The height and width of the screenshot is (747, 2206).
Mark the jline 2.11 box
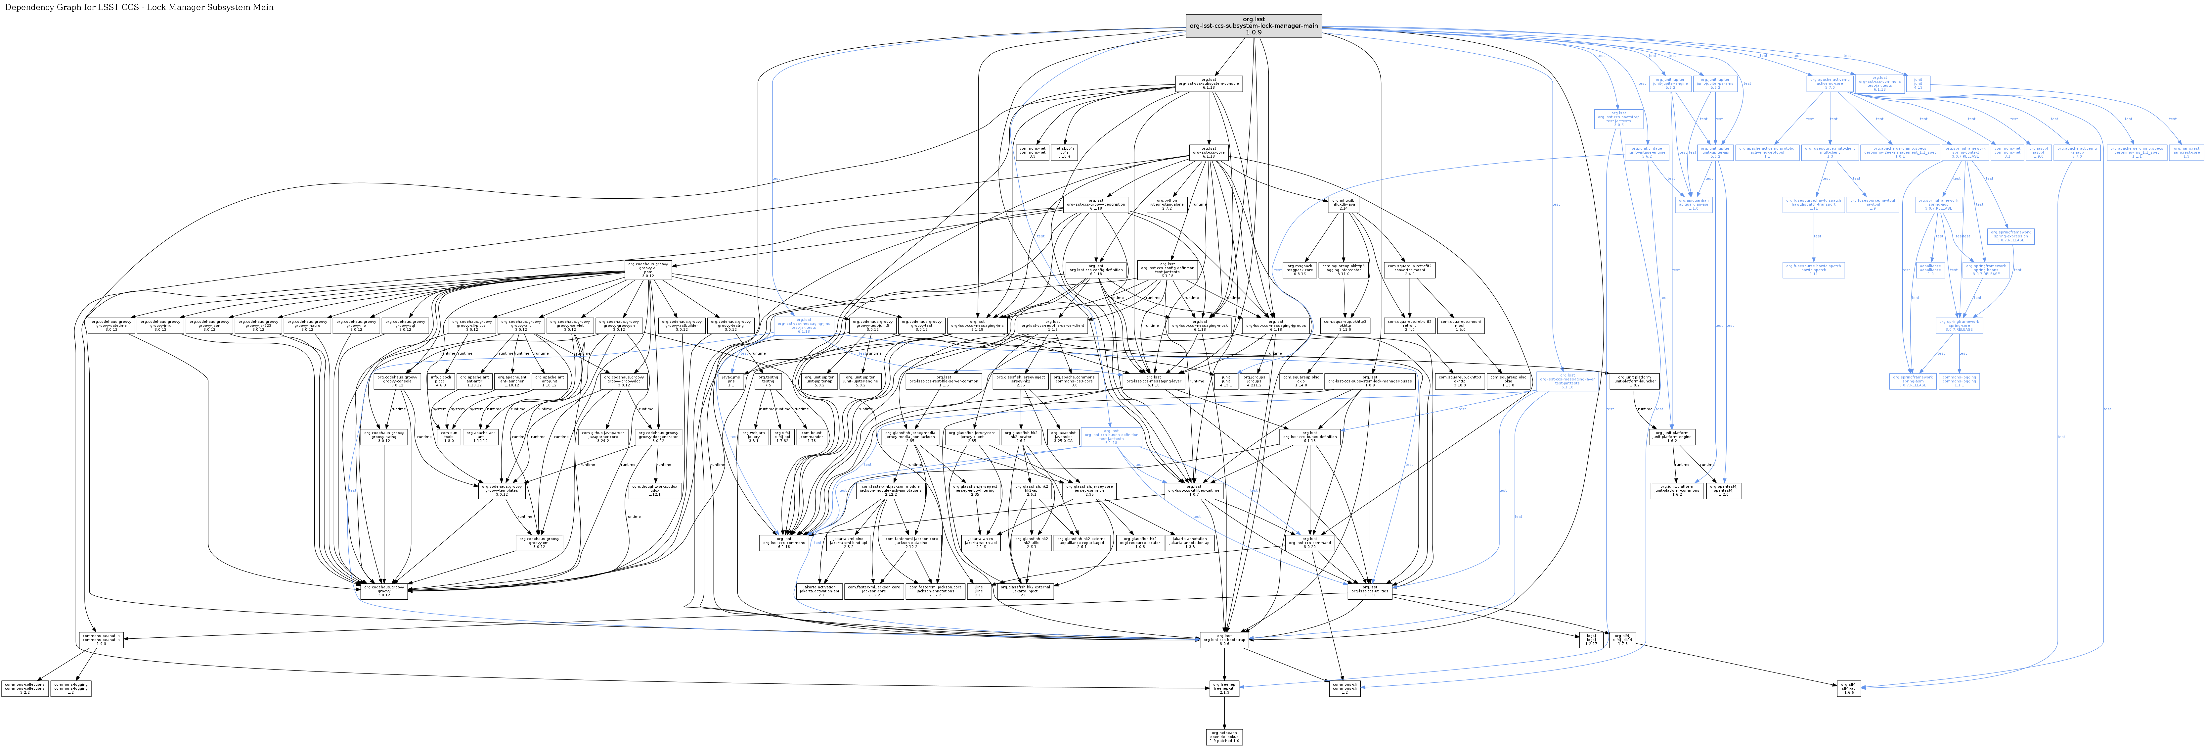pyautogui.click(x=979, y=591)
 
